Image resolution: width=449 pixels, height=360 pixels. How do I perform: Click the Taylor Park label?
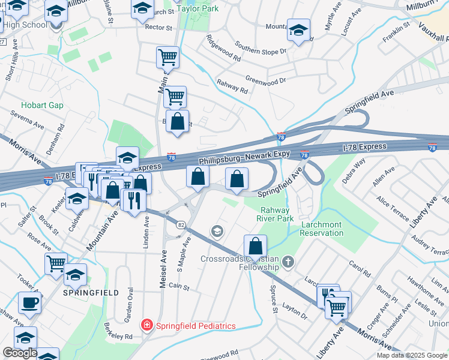coord(197,9)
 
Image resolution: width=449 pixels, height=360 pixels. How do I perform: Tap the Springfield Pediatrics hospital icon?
coord(146,326)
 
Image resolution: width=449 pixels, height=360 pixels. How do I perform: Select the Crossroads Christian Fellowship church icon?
coord(289,262)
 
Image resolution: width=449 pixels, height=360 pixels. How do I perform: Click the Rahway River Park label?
coord(275,214)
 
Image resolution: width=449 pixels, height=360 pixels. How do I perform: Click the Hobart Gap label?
coord(42,105)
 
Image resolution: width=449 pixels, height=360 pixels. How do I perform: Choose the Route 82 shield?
coord(180,224)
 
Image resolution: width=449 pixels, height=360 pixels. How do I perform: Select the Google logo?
coord(20,353)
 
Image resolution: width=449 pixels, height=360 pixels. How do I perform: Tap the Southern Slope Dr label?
coord(261,48)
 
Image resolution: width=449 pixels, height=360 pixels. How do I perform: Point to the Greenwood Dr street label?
coord(266,80)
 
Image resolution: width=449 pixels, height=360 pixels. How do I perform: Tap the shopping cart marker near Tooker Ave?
coord(56,263)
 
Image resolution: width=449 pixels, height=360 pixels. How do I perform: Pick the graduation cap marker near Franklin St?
coord(298,31)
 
